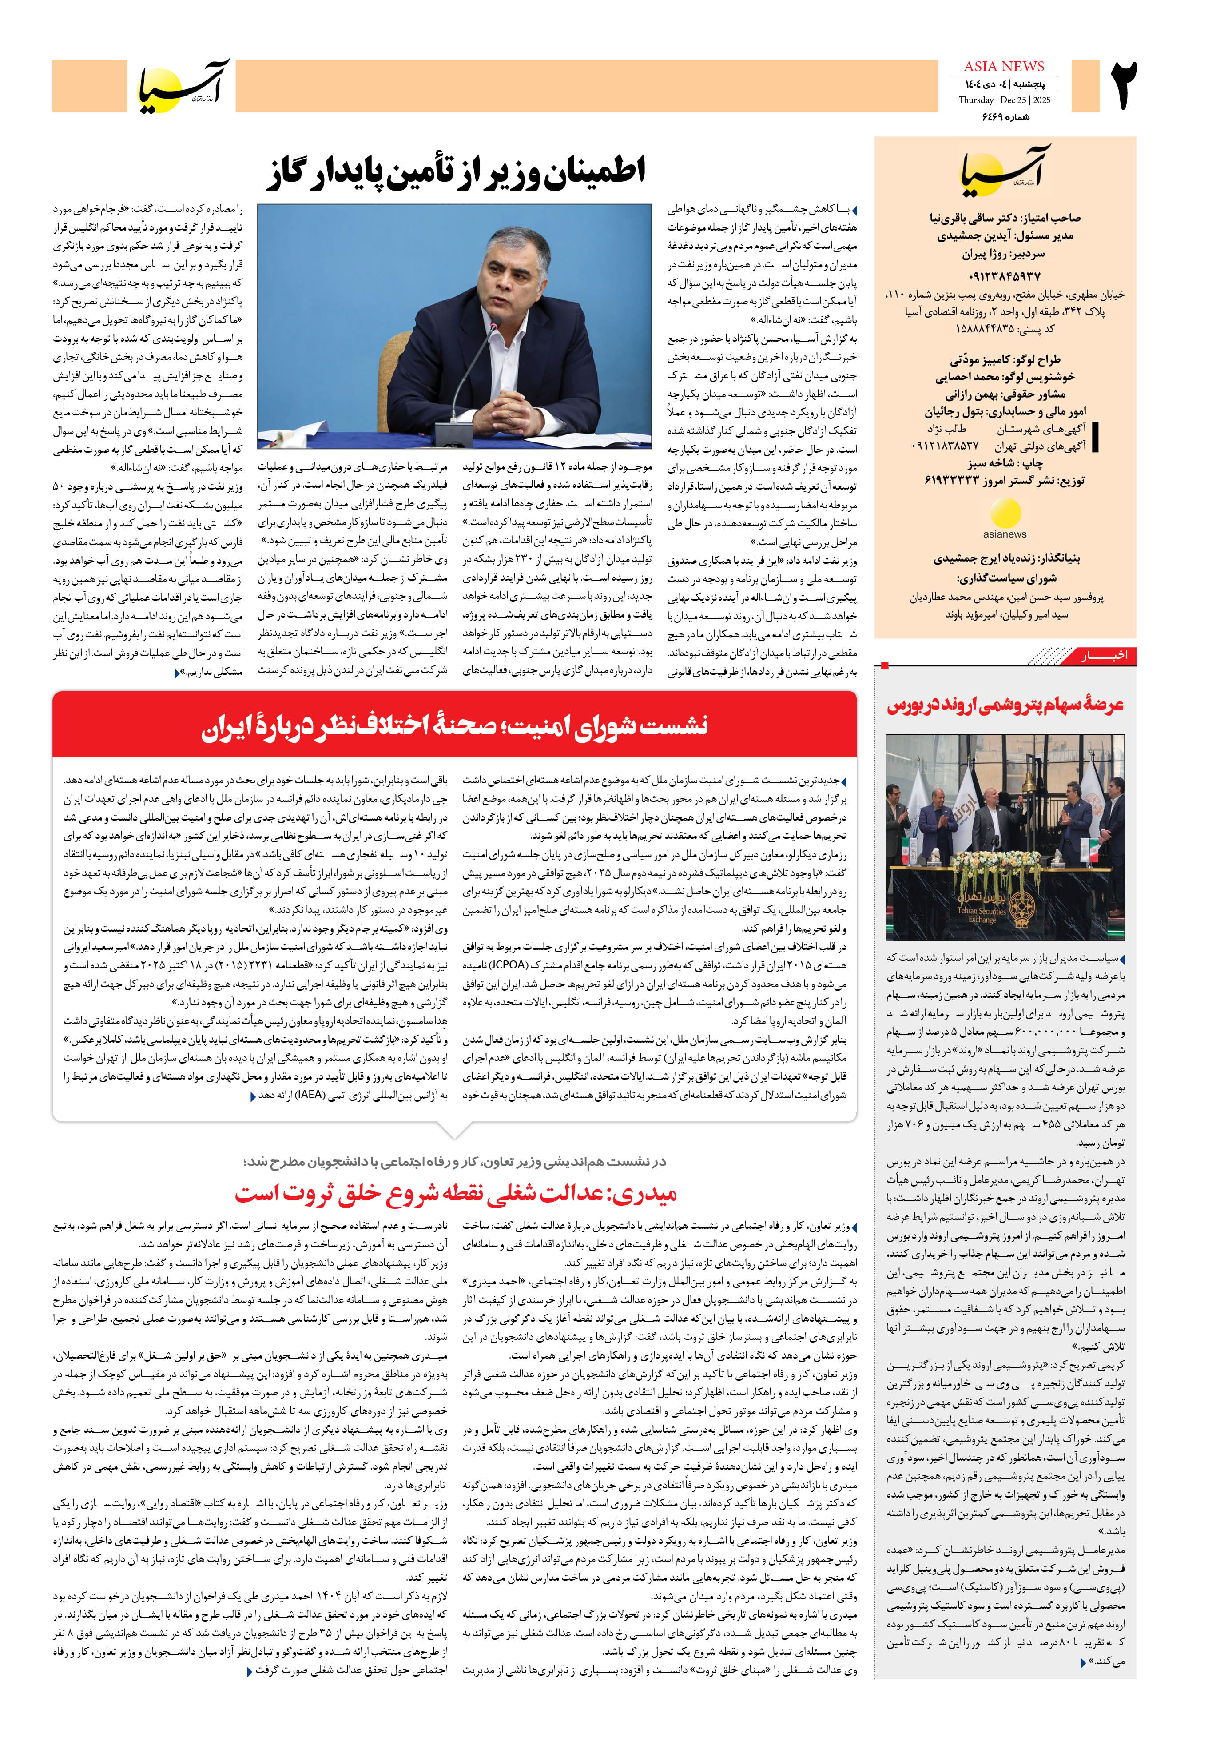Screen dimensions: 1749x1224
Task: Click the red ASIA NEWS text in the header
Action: (x=1004, y=67)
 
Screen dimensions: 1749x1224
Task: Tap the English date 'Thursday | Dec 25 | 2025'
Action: (x=1004, y=100)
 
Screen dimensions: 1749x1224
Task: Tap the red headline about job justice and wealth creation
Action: (x=456, y=1193)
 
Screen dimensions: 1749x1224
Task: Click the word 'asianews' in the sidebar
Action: (x=1005, y=534)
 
